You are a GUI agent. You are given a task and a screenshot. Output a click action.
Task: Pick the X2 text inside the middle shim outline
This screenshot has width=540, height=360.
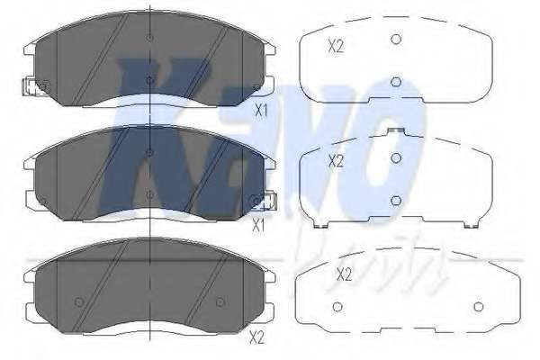pos(336,161)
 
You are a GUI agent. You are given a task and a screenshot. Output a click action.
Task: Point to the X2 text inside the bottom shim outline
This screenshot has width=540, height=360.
pos(343,273)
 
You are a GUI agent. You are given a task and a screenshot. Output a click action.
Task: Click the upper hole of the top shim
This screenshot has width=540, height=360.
pos(395,39)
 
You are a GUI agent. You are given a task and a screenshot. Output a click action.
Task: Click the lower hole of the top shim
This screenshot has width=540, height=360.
pos(395,82)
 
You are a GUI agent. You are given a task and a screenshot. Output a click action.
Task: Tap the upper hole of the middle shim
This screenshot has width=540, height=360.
pos(395,158)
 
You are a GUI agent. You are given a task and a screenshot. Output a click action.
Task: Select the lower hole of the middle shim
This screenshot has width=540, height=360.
pos(395,200)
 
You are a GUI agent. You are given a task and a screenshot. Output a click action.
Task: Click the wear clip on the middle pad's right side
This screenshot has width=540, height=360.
pos(263,202)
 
